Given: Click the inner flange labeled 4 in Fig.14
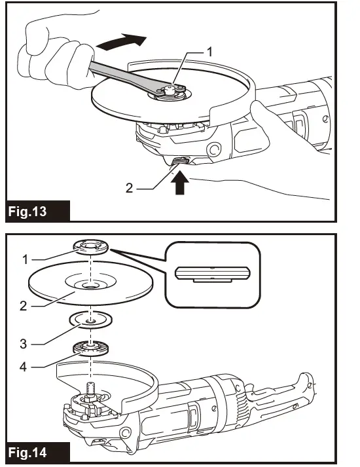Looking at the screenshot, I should coord(90,348).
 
